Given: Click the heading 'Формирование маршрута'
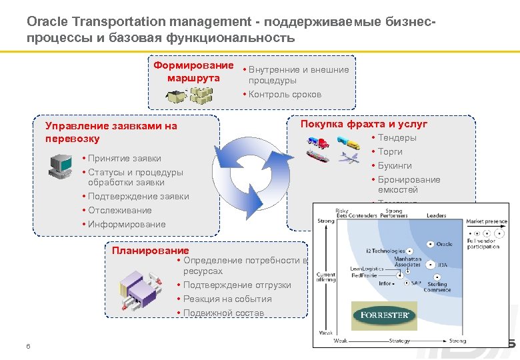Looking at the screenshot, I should [x=193, y=72].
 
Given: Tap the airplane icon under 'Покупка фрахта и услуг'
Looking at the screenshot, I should [x=349, y=158].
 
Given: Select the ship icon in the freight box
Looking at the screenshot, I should [x=318, y=156].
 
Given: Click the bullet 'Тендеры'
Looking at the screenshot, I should [x=397, y=138].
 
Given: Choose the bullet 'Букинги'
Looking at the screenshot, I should [x=395, y=166].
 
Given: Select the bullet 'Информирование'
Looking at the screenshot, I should [x=127, y=225].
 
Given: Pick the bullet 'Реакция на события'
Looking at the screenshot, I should [x=227, y=299].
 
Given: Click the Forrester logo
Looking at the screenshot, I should [x=384, y=315].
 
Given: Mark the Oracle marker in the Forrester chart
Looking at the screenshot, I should [x=431, y=244].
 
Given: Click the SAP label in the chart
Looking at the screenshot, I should [x=417, y=283].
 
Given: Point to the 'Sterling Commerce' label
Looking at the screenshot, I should [x=437, y=287].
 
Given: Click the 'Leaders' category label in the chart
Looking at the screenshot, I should [x=437, y=216].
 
